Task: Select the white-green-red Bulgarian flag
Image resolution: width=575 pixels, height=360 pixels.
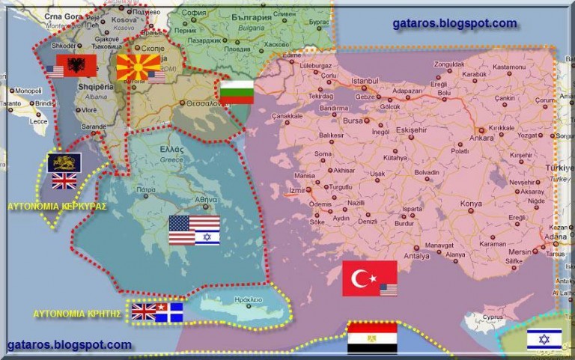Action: pyautogui.click(x=237, y=91)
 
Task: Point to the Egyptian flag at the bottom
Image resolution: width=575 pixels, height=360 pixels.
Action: pyautogui.click(x=372, y=338)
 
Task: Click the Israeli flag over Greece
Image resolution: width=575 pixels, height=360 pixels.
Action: pyautogui.click(x=207, y=238)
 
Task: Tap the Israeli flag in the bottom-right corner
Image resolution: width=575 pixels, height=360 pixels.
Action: pyautogui.click(x=544, y=339)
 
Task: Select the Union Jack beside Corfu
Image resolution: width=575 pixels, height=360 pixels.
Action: pyautogui.click(x=64, y=180)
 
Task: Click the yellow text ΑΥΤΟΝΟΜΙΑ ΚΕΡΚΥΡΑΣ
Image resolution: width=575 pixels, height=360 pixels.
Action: pyautogui.click(x=57, y=206)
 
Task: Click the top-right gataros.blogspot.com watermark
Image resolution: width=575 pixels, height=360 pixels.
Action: pyautogui.click(x=454, y=23)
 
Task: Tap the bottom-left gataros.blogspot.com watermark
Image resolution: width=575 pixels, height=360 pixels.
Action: pyautogui.click(x=69, y=345)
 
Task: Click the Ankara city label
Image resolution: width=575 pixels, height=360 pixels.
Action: pyautogui.click(x=481, y=138)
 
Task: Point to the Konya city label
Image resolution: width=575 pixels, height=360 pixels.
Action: pyautogui.click(x=471, y=203)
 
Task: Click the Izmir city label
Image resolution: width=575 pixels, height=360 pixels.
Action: pyautogui.click(x=297, y=190)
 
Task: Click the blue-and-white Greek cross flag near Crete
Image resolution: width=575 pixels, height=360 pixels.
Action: pyautogui.click(x=171, y=311)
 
